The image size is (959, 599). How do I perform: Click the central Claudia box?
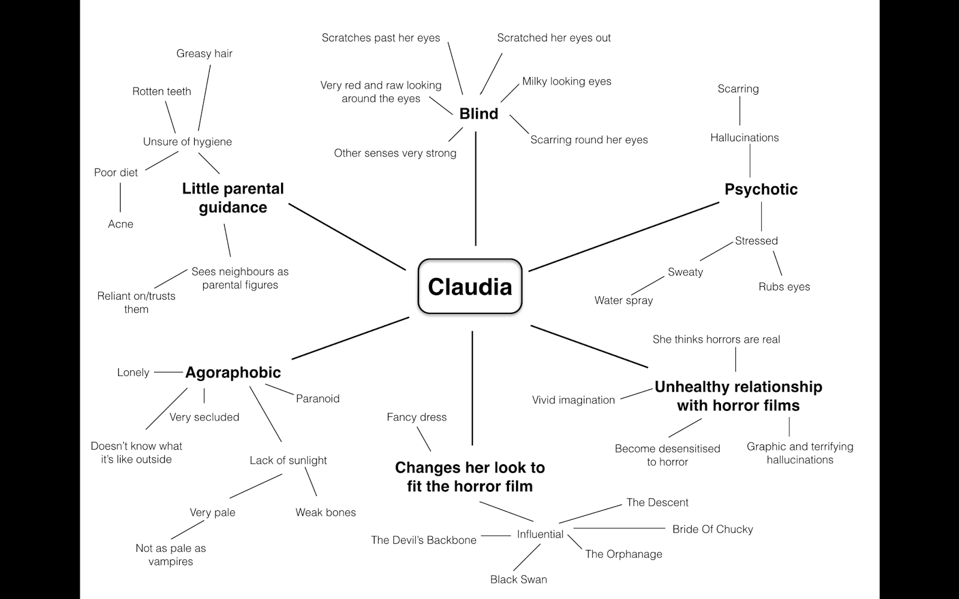470,286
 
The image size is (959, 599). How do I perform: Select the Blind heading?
478,114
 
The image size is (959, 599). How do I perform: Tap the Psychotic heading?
761,189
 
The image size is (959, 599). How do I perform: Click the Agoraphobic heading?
233,373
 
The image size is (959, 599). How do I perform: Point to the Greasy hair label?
204,53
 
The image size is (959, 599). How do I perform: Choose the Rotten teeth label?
162,91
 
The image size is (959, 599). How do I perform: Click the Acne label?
120,224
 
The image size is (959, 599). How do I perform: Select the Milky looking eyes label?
566,81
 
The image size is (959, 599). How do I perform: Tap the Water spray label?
623,300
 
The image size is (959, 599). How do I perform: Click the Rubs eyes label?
784,287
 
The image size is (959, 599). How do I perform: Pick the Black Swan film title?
518,579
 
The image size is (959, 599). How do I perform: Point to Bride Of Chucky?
712,529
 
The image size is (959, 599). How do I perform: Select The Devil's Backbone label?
424,540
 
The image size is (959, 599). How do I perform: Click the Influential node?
540,534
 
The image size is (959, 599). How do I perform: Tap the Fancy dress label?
417,417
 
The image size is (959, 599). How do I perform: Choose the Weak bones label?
325,512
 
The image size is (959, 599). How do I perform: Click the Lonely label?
133,373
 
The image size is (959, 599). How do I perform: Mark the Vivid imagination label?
573,400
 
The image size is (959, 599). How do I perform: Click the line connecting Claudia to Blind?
476,189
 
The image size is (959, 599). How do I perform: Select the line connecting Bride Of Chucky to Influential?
617,528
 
